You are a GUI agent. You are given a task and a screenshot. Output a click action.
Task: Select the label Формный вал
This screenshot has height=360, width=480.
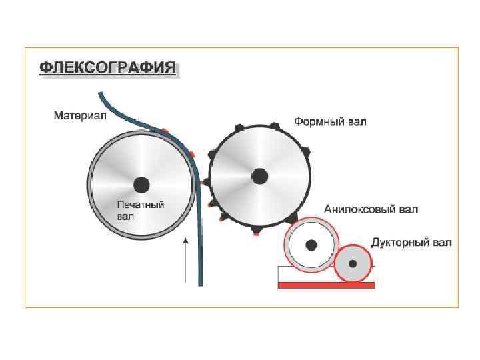pyautogui.click(x=330, y=122)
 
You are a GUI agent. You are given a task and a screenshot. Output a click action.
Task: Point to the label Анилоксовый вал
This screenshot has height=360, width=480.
pyautogui.click(x=371, y=209)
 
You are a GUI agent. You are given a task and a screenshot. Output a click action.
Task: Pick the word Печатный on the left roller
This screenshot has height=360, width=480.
pyautogui.click(x=141, y=205)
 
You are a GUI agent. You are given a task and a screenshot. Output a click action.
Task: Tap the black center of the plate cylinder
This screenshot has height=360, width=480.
pyautogui.click(x=259, y=176)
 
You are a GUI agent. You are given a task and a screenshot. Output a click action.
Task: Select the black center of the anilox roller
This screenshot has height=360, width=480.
pyautogui.click(x=311, y=245)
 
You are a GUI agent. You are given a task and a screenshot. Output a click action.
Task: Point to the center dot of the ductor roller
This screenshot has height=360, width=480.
pyautogui.click(x=353, y=264)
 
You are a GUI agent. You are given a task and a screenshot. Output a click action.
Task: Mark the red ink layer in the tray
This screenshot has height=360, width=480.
pyautogui.click(x=327, y=285)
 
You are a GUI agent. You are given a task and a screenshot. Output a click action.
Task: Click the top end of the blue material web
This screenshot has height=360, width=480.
pyautogui.click(x=101, y=95)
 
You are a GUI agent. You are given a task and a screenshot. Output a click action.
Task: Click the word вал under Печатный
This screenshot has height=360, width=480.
pyautogui.click(x=125, y=216)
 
